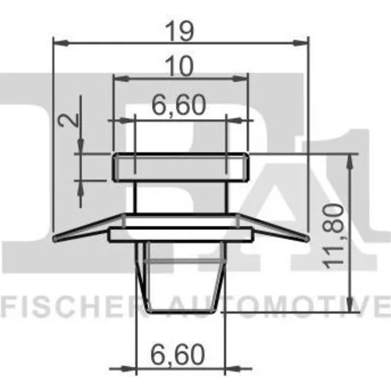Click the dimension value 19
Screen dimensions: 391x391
click(x=180, y=31)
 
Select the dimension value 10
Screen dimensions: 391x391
click(x=180, y=66)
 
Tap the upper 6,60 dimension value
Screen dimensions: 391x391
click(x=179, y=106)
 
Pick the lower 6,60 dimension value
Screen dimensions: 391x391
click(x=178, y=354)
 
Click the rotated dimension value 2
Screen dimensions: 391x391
click(x=69, y=120)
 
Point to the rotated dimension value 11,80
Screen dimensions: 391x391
click(x=333, y=236)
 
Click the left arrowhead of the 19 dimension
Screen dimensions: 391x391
click(x=61, y=43)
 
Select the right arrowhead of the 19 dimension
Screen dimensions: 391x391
click(x=300, y=43)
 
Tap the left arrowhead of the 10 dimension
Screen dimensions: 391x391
click(x=121, y=78)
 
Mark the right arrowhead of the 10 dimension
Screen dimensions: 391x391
click(x=239, y=78)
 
